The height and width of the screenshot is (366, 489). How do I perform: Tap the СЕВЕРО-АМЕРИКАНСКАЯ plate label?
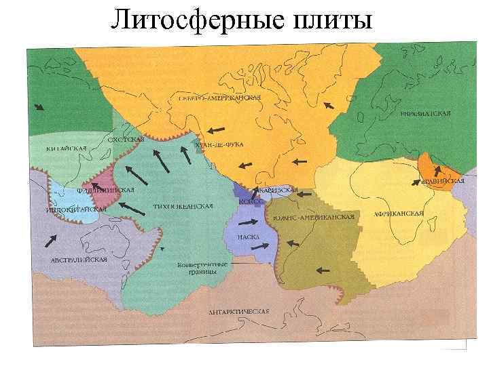[x=219, y=98]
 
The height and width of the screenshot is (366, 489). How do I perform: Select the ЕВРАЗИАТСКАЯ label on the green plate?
[x=425, y=113]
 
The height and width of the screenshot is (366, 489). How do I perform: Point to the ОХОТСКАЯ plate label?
[x=126, y=139]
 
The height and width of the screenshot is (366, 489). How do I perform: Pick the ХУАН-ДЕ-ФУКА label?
[x=219, y=144]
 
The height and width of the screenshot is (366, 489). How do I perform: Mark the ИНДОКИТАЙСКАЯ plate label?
[x=77, y=210]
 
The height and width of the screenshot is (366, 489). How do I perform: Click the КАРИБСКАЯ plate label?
[x=278, y=190]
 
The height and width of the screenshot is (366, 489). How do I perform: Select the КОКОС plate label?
[x=251, y=201]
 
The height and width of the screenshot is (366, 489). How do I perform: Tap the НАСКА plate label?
[x=247, y=237]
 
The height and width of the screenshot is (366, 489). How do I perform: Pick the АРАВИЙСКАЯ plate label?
[x=442, y=181]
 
